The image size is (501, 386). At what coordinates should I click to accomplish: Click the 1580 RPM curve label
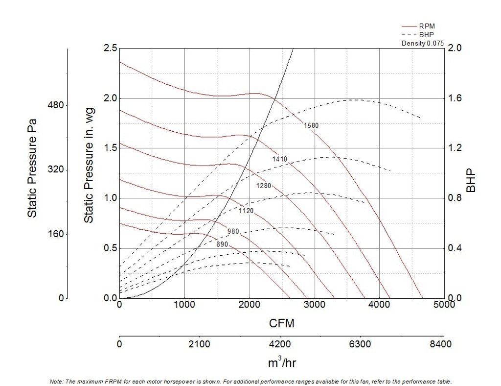pyautogui.click(x=311, y=125)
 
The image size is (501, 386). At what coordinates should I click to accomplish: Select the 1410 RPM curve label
pyautogui.click(x=279, y=159)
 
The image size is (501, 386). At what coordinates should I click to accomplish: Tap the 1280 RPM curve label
pyautogui.click(x=263, y=186)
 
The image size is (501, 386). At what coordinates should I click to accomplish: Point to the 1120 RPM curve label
pyautogui.click(x=246, y=211)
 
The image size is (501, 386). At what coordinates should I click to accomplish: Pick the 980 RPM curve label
pyautogui.click(x=233, y=231)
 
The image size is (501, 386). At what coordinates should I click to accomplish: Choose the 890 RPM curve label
pyautogui.click(x=222, y=244)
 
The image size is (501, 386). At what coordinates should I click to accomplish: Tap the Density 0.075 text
pyautogui.click(x=422, y=43)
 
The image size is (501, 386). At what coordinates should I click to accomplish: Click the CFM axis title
pyautogui.click(x=281, y=323)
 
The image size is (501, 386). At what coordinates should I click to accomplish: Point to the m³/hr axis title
pyautogui.click(x=282, y=363)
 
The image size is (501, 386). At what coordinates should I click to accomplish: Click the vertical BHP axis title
pyautogui.click(x=471, y=181)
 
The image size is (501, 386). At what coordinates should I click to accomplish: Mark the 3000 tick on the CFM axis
pyautogui.click(x=314, y=305)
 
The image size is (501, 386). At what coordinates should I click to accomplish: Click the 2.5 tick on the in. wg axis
pyautogui.click(x=110, y=48)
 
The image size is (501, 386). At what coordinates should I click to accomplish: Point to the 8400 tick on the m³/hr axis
pyautogui.click(x=440, y=344)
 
